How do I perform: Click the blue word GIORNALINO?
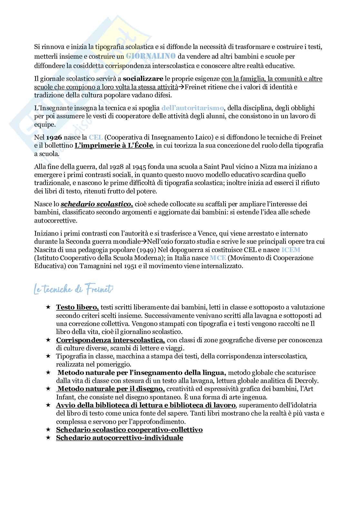coord(151,56)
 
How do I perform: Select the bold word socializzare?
coord(143,79)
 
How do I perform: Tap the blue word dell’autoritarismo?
coord(193,108)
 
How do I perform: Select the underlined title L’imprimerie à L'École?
coord(114,146)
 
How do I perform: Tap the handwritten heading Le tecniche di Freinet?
coord(74,289)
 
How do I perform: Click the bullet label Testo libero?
coord(77,307)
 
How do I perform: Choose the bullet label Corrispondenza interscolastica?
coord(110,340)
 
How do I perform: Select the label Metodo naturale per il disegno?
coord(111,389)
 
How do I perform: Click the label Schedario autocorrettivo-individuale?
coord(119,438)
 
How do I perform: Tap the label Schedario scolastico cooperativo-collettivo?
coord(129,430)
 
